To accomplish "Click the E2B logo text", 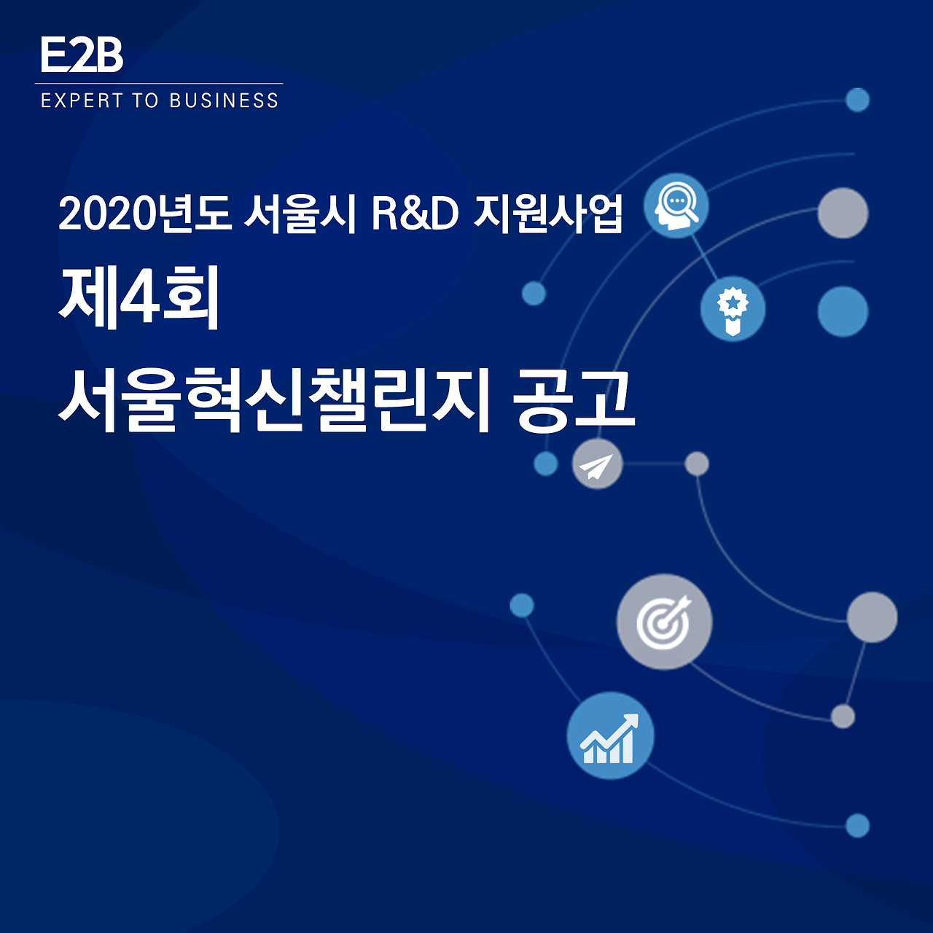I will [82, 55].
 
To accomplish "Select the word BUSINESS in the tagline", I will [224, 101].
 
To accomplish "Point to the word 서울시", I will [300, 214].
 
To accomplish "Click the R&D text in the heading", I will [415, 214].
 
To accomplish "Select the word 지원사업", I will [548, 214].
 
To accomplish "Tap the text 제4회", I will [139, 299].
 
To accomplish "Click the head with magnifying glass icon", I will [676, 206].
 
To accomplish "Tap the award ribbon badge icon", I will [733, 309].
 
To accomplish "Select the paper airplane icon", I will [597, 464].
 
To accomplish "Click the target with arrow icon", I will [664, 622].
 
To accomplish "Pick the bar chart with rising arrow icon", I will [610, 735].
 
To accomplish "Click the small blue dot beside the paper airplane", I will [545, 464].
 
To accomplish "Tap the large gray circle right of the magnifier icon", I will [843, 213].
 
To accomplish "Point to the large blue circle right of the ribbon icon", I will [843, 311].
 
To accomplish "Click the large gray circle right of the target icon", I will [872, 617].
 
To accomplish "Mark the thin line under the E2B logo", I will [159, 84].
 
